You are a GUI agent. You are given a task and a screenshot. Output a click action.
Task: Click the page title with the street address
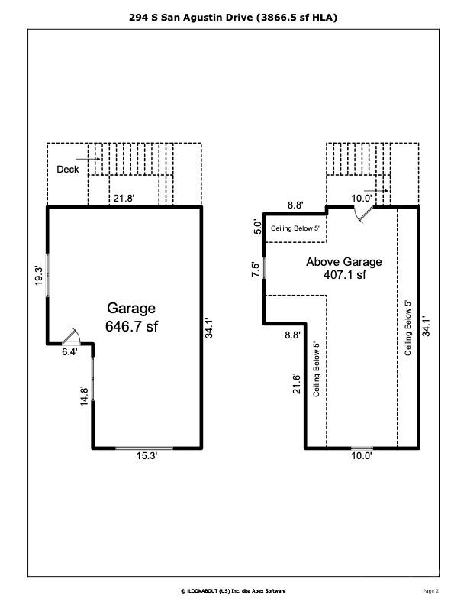(233, 15)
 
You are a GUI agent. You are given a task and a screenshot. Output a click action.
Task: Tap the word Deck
(68, 169)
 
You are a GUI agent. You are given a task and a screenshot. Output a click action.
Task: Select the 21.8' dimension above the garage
(124, 199)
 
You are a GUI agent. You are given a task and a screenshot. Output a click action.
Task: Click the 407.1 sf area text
(344, 274)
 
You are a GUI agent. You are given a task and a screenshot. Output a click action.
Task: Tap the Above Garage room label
(344, 261)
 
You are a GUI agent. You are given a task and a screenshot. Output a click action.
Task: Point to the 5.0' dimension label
(257, 227)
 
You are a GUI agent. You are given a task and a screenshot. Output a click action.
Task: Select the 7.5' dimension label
(256, 269)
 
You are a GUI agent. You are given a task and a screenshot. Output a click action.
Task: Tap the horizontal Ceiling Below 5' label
(300, 228)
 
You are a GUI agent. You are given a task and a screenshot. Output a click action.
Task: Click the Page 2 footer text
(430, 590)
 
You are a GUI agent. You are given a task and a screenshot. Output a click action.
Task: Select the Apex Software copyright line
(233, 590)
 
